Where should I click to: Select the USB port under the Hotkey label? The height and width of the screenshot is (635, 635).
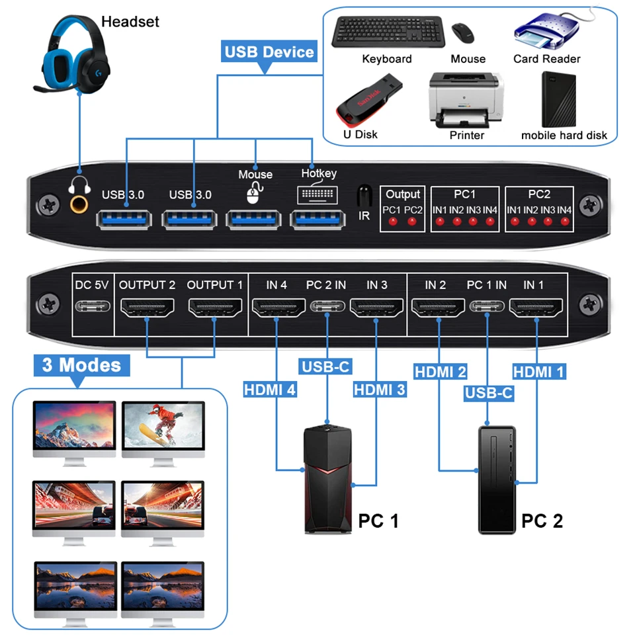click(x=319, y=219)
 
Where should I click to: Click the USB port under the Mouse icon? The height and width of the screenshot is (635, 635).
click(x=254, y=219)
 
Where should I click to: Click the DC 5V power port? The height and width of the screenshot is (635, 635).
click(x=91, y=307)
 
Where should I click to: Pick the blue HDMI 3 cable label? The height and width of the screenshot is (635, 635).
click(x=380, y=390)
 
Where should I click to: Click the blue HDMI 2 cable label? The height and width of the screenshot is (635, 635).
click(x=441, y=372)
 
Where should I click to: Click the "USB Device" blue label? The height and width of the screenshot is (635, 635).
click(x=269, y=52)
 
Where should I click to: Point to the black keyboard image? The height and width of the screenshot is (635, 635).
click(x=387, y=32)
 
